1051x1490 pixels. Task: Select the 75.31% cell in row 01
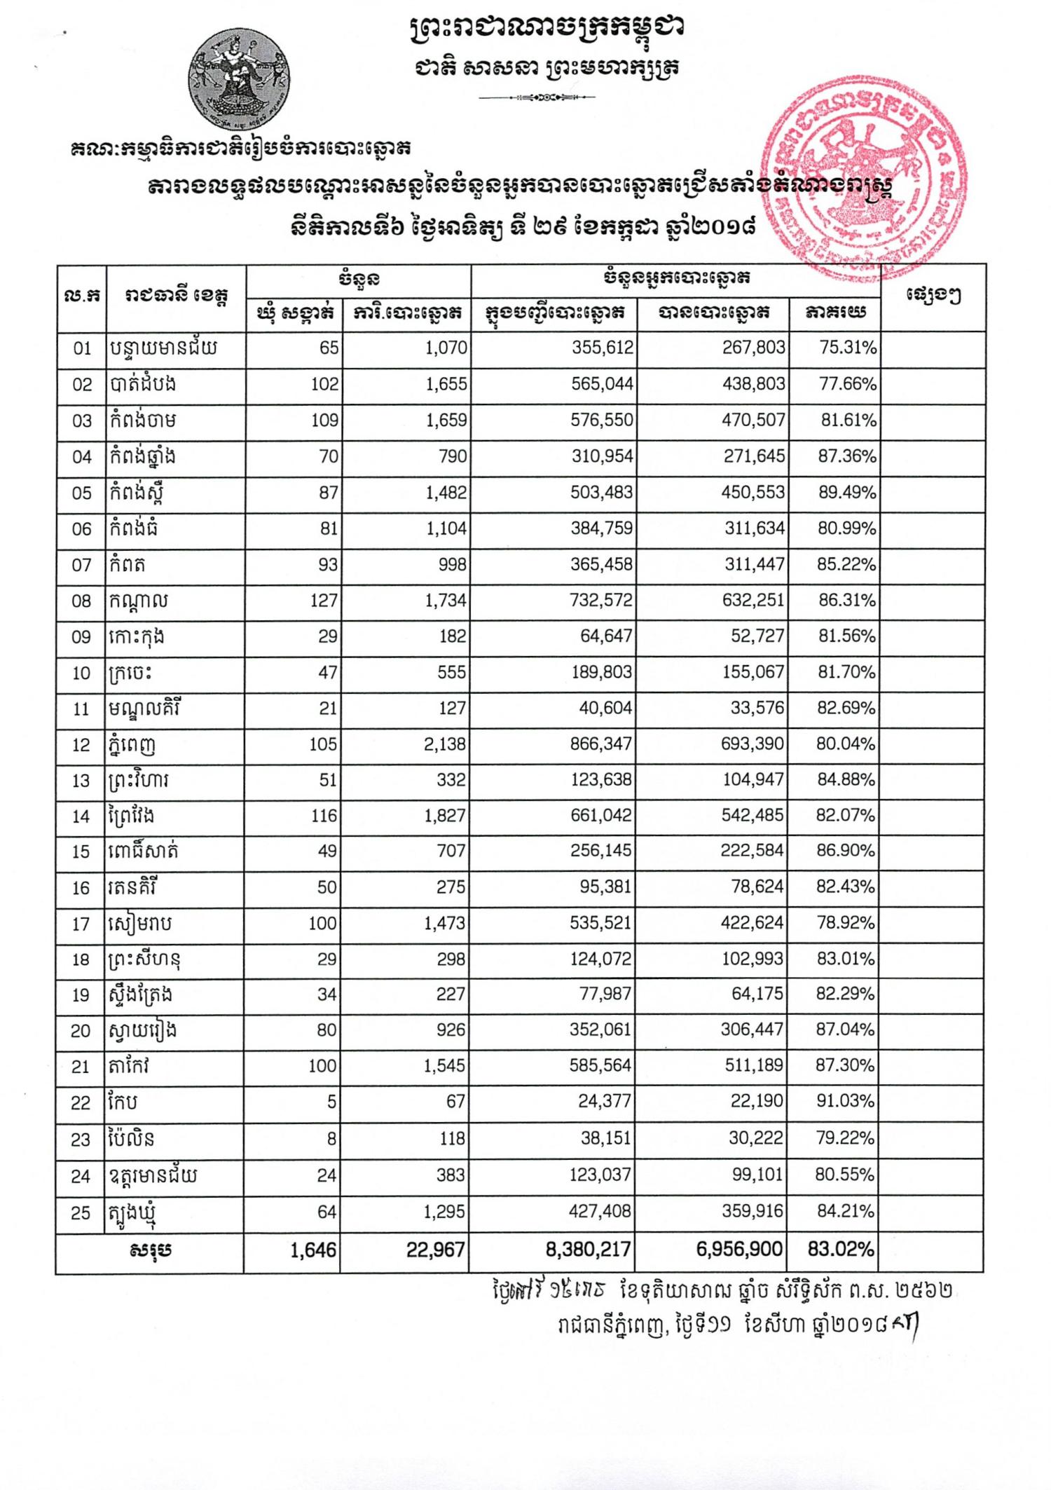click(848, 348)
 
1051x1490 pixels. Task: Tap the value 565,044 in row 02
click(602, 384)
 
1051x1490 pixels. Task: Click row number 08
click(81, 601)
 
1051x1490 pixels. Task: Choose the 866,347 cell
click(601, 744)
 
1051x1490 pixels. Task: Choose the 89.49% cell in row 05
click(847, 493)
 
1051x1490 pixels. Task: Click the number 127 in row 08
click(323, 601)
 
